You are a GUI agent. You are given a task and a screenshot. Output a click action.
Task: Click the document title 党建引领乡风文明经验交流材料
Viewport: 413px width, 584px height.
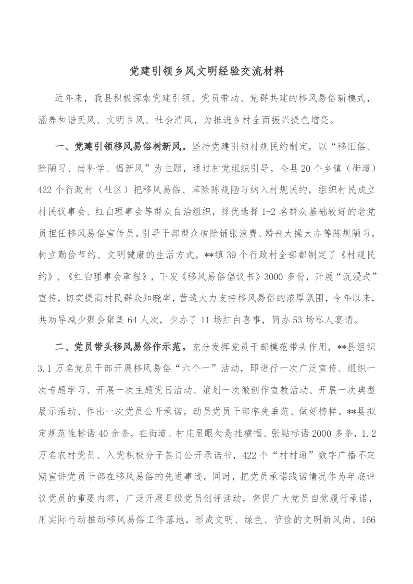point(206,71)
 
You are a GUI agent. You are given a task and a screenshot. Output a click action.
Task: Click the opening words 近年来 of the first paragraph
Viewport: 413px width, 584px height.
point(69,98)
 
